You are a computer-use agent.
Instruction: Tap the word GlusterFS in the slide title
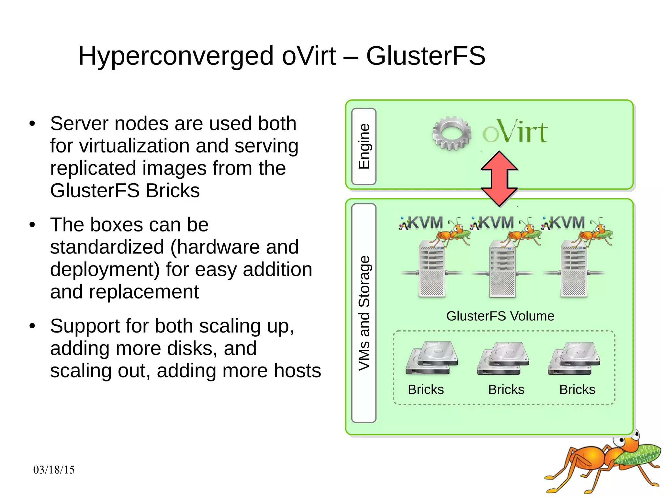pyautogui.click(x=425, y=56)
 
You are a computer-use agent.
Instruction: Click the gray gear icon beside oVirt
pyautogui.click(x=452, y=133)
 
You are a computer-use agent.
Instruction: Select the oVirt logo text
pyautogui.click(x=515, y=132)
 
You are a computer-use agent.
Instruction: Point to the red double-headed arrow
pyautogui.click(x=499, y=179)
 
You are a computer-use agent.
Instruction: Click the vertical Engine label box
pyautogui.click(x=364, y=146)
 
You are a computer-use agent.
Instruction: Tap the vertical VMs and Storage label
pyautogui.click(x=364, y=313)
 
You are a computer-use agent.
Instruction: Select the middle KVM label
pyautogui.click(x=496, y=223)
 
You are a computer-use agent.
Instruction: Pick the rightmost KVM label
pyautogui.click(x=567, y=223)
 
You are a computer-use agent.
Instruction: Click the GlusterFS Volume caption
pyautogui.click(x=500, y=316)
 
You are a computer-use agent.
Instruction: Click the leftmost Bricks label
pyautogui.click(x=426, y=390)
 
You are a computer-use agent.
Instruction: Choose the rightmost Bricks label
pyautogui.click(x=577, y=390)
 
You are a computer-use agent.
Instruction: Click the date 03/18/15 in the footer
pyautogui.click(x=54, y=470)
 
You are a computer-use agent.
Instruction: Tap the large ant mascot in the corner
pyautogui.click(x=602, y=463)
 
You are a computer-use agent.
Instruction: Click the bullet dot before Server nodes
pyautogui.click(x=32, y=124)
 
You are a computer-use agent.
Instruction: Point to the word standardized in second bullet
pyautogui.click(x=107, y=247)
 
